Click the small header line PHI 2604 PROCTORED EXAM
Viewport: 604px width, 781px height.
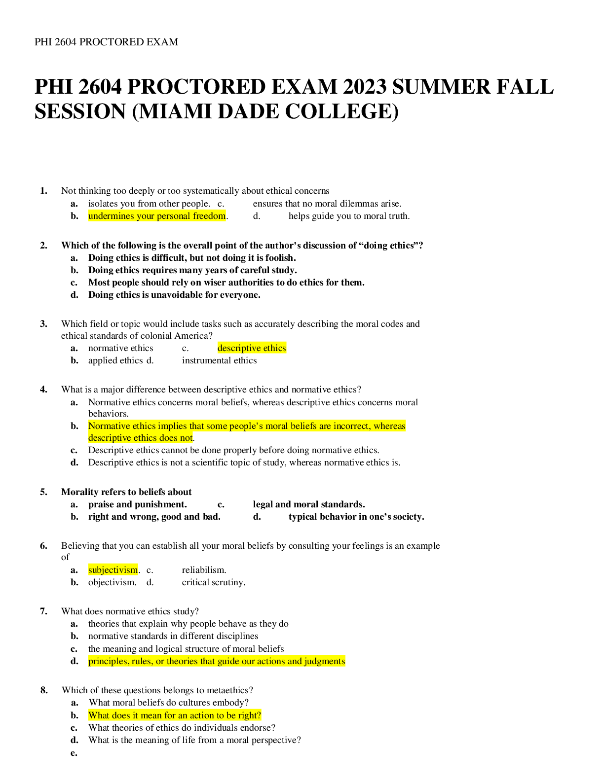[x=106, y=42]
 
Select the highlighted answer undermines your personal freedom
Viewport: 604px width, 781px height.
[x=157, y=216]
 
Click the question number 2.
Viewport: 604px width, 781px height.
[x=43, y=246]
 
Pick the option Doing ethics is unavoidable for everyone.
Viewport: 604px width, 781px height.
[x=175, y=295]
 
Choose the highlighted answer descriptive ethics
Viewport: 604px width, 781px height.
[x=252, y=348]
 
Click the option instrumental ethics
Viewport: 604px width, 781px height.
[x=220, y=360]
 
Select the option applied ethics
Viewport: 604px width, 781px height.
[x=115, y=360]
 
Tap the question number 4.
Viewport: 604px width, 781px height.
[x=43, y=389]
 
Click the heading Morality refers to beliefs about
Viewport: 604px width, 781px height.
[x=126, y=492]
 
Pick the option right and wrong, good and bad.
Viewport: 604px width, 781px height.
[x=154, y=516]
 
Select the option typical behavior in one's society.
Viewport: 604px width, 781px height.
[x=356, y=516]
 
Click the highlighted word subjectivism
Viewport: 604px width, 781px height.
[x=113, y=569]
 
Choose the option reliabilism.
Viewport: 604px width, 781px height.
[x=204, y=569]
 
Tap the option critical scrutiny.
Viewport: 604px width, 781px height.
[x=214, y=582]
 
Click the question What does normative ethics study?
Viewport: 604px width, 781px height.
[x=130, y=611]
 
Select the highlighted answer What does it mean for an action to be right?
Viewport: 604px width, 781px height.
[x=175, y=715]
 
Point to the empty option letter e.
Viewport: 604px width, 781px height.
[x=74, y=753]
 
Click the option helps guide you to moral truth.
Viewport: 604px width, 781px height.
[x=349, y=216]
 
